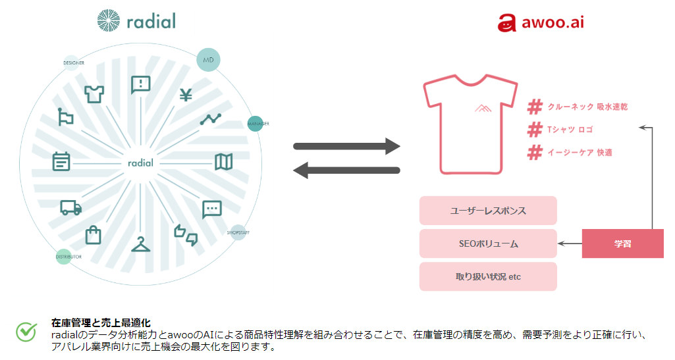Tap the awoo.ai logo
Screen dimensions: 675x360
pos(540,23)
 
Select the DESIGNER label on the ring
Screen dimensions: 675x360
pos(73,63)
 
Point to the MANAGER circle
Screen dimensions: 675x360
pos(256,123)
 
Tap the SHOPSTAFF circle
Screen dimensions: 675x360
pos(238,232)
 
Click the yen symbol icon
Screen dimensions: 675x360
pos(185,95)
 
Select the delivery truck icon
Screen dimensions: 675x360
pos(70,207)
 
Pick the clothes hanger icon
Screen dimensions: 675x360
pos(140,244)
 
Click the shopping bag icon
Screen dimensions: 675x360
pos(94,234)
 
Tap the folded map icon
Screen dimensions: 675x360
pos(223,161)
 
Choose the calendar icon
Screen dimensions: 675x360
pos(61,161)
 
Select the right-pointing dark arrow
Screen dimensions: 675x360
pos(346,145)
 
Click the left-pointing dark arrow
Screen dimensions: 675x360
pos(346,171)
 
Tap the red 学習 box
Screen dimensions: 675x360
pos(622,244)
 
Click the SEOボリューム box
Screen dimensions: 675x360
pos(488,244)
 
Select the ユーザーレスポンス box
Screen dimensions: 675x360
pos(488,211)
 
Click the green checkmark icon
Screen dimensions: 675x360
pos(26,332)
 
